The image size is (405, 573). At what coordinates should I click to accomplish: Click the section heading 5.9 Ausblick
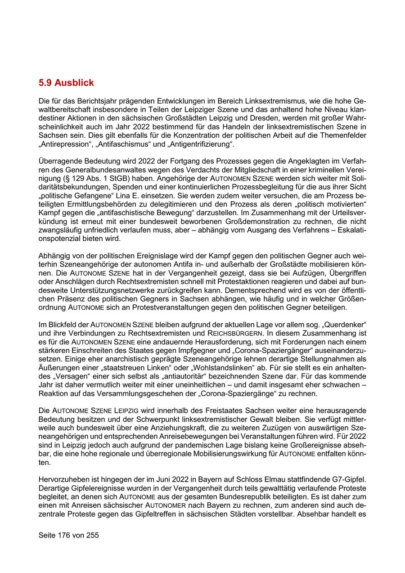point(66,83)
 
